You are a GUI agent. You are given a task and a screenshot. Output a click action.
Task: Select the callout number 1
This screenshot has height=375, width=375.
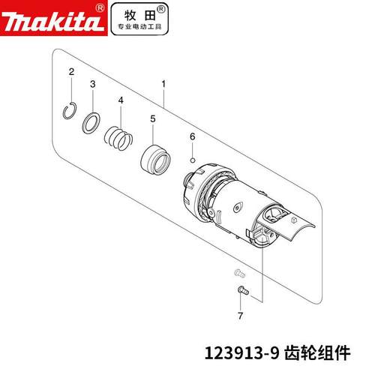pos(163,85)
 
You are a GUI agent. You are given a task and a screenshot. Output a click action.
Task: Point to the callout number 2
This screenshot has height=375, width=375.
pos(70,71)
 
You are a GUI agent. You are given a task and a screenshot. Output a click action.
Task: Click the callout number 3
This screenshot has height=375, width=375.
pos(93,85)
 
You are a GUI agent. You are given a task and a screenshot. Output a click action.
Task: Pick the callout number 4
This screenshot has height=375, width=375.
pos(120,100)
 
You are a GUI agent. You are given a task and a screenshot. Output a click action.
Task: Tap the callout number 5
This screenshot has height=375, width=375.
pos(152,118)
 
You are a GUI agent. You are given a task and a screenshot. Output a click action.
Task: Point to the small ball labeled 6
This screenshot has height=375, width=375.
pos(193,159)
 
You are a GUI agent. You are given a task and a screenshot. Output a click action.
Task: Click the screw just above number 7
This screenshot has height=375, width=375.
pos(241,288)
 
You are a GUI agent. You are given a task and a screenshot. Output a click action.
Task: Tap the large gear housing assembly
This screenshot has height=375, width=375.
pos(225,202)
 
